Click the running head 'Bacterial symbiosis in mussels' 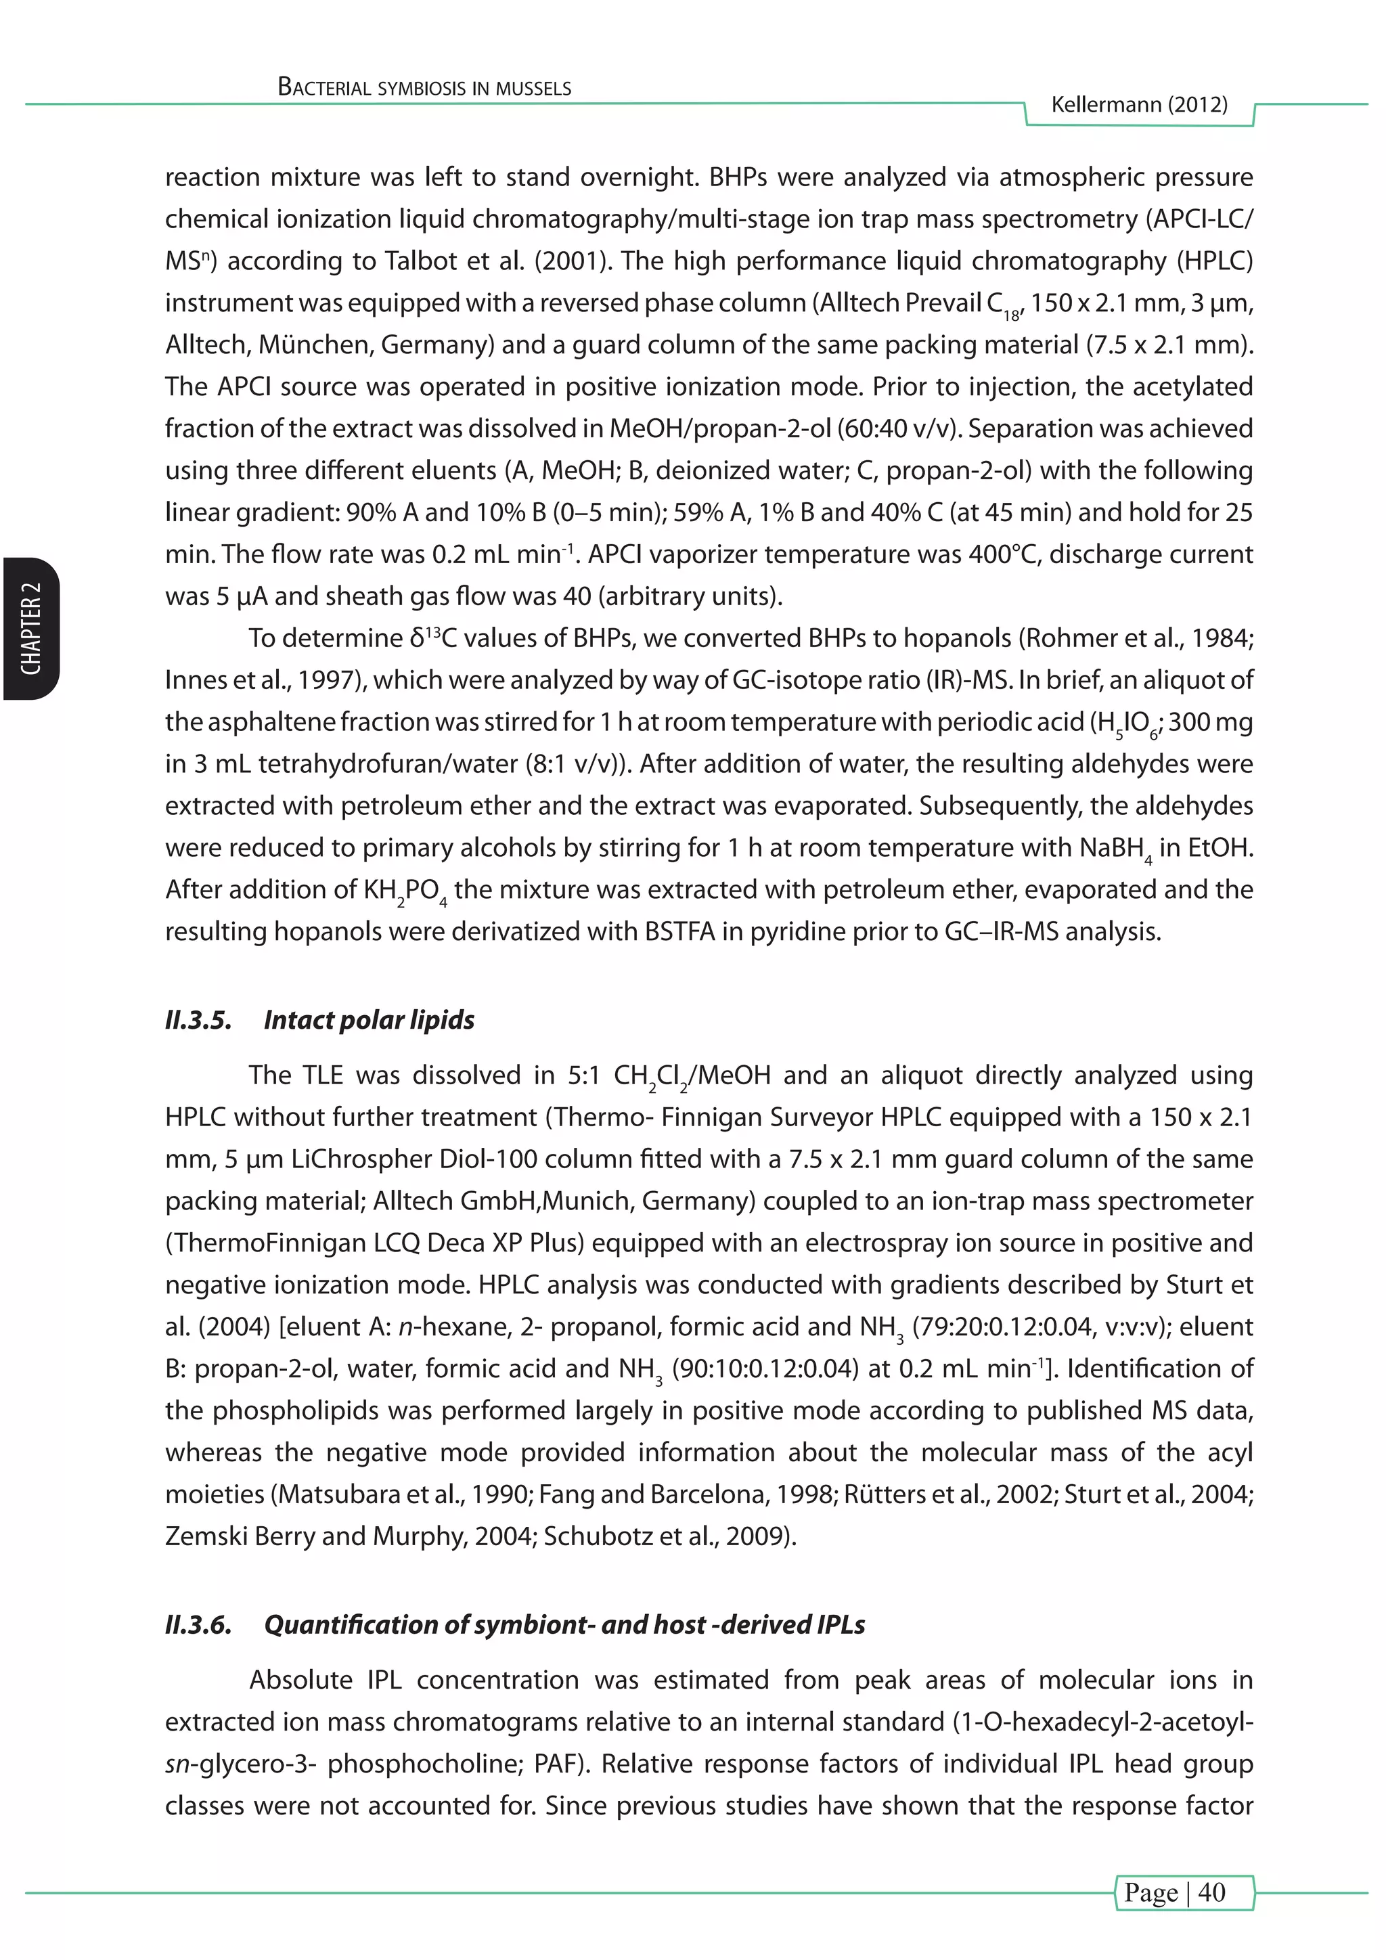[424, 87]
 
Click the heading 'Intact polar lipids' [369, 1019]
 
